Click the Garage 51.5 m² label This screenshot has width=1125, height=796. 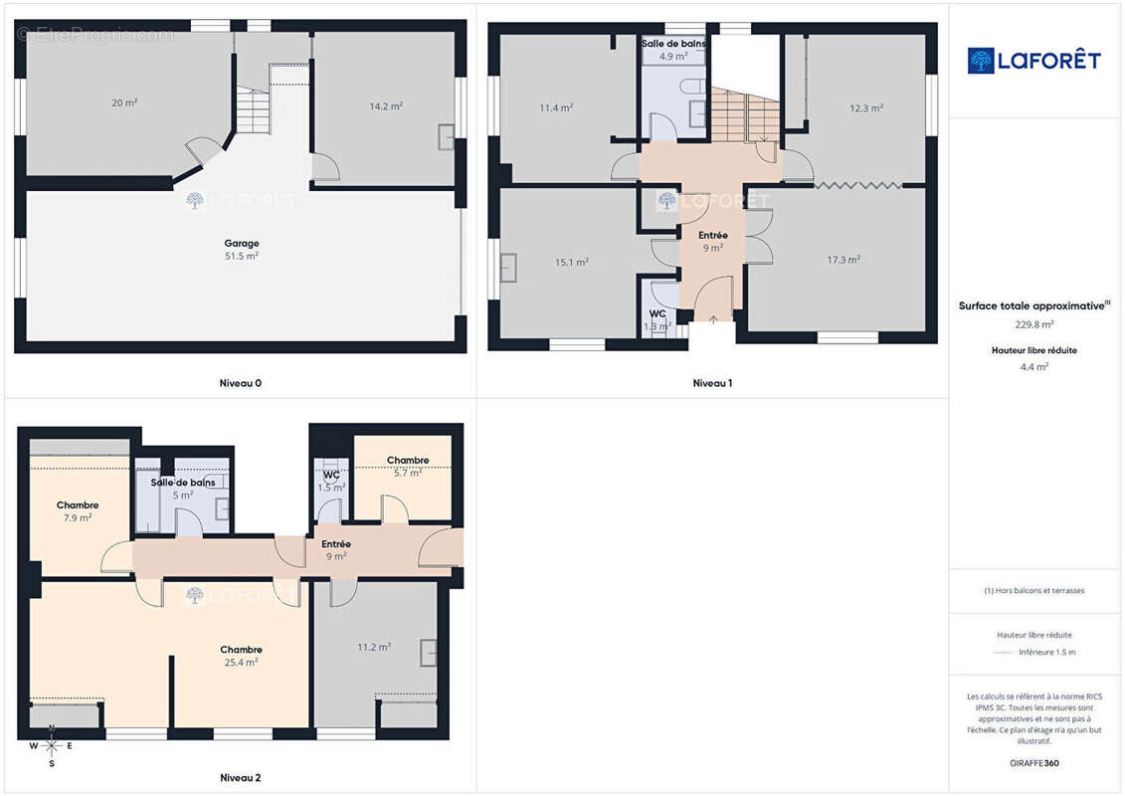242,250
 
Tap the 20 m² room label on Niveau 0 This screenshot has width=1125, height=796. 124,102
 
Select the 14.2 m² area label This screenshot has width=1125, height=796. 386,106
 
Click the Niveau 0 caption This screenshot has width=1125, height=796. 241,383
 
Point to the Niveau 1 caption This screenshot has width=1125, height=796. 712,383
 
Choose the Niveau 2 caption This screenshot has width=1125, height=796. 241,777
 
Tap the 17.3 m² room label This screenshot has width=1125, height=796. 844,260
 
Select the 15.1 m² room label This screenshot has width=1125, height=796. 572,262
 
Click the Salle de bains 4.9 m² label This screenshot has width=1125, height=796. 673,50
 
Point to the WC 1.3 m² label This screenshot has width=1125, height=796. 657,320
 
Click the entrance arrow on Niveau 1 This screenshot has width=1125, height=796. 713,320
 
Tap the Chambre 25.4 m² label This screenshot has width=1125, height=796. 241,656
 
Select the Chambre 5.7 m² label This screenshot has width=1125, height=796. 408,467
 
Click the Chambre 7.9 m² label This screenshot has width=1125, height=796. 78,511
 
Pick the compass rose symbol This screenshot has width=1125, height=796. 52,746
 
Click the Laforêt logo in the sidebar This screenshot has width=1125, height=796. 1033,61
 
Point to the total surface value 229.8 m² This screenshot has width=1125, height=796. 1033,324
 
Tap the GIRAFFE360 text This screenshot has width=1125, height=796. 1033,763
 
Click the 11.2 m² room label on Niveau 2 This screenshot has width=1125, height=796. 374,648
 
